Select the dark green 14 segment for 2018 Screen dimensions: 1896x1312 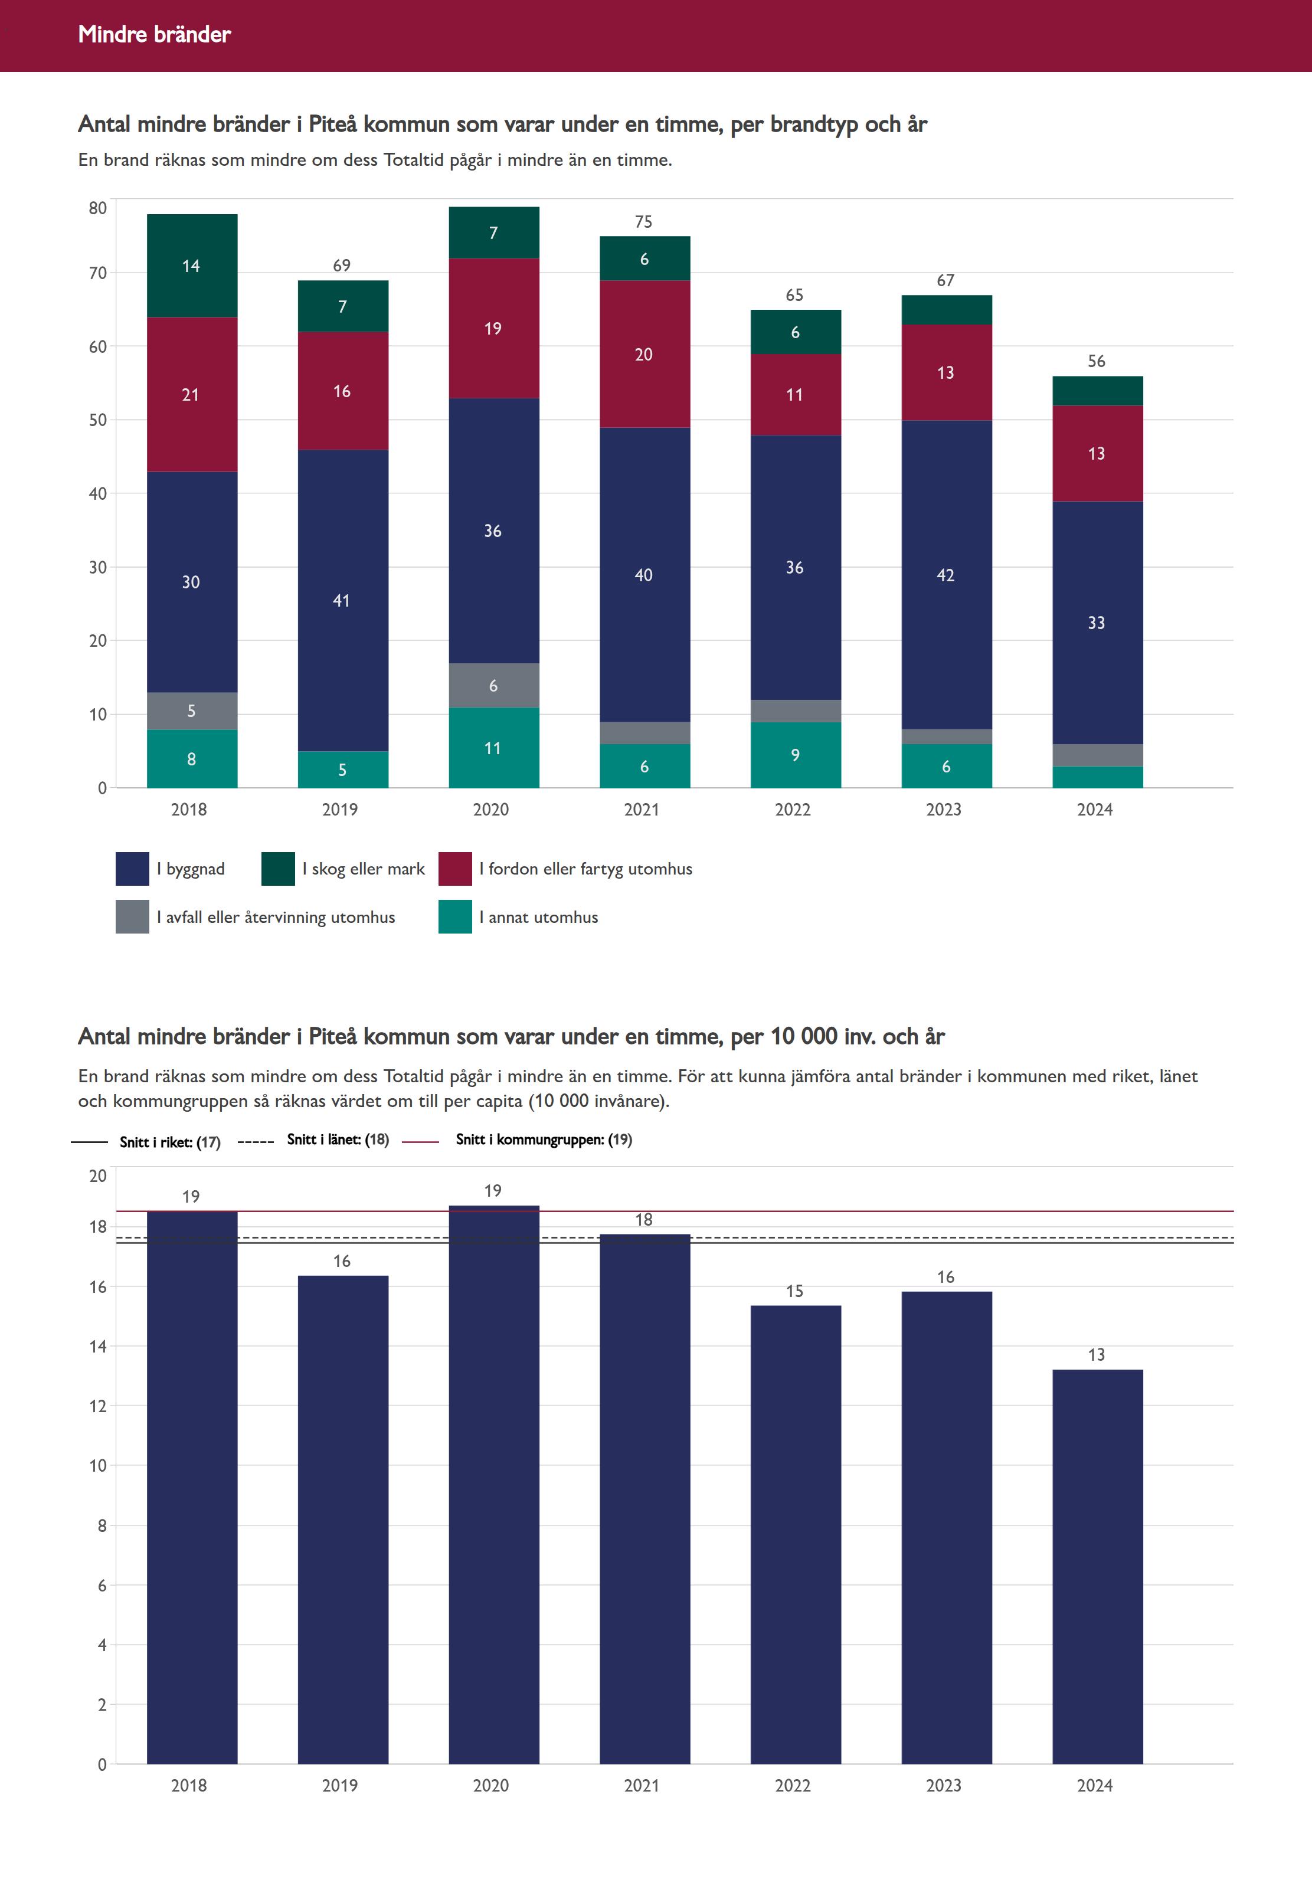[x=192, y=266]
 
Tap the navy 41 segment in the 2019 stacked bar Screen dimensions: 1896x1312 [x=342, y=600]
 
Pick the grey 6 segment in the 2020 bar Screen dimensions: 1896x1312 [x=493, y=686]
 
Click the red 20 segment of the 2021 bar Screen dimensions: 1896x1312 [x=644, y=354]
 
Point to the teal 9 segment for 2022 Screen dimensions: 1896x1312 [x=795, y=755]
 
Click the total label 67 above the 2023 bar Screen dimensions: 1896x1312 [x=945, y=280]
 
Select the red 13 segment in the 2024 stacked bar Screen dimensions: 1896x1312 [x=1097, y=453]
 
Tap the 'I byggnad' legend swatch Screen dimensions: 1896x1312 [x=132, y=869]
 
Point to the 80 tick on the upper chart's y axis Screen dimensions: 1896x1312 [x=98, y=208]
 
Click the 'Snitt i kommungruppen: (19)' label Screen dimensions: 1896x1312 [x=544, y=1139]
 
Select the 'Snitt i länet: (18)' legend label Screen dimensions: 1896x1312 [x=337, y=1139]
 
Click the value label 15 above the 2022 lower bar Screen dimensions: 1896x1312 [x=794, y=1291]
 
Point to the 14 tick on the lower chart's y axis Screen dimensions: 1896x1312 [x=98, y=1346]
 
